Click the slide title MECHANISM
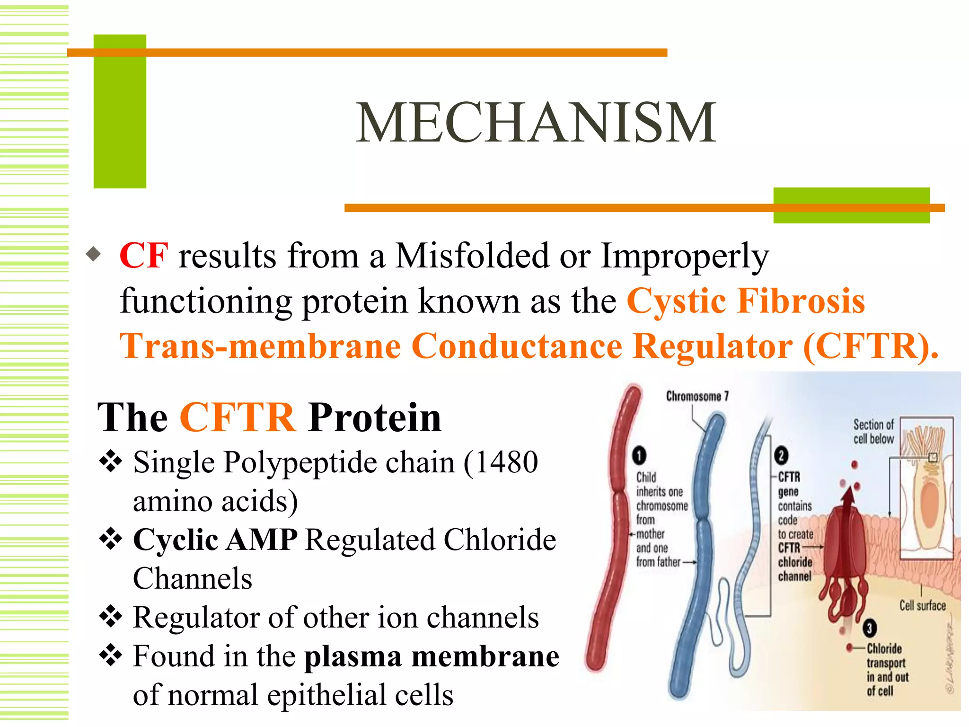tap(536, 123)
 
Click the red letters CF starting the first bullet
tap(143, 256)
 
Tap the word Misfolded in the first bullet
tap(472, 256)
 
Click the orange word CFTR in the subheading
tap(238, 417)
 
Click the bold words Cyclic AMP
tap(215, 540)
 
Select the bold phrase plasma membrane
tap(432, 656)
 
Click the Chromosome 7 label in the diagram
tap(697, 396)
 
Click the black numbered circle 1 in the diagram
tap(639, 455)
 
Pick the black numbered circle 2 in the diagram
tap(781, 455)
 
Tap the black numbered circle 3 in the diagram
tap(870, 629)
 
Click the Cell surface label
tap(922, 605)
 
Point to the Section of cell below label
tap(873, 431)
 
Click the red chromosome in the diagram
tap(615, 521)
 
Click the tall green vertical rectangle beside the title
tap(120, 112)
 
